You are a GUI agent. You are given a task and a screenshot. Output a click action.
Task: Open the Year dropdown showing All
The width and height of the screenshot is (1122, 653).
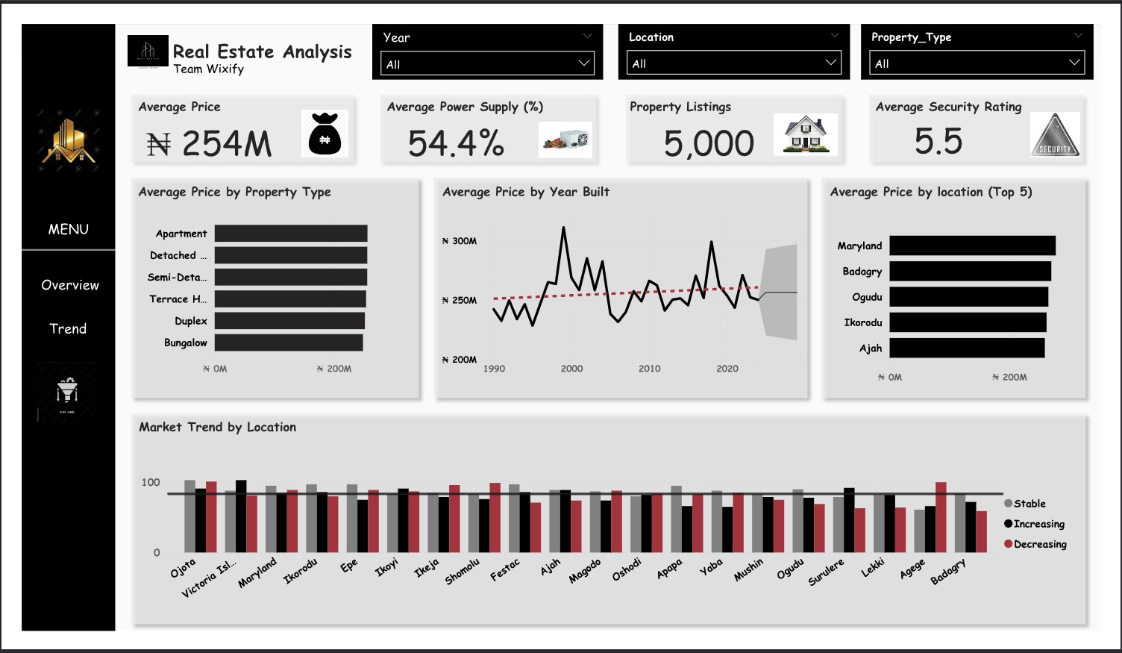coord(487,63)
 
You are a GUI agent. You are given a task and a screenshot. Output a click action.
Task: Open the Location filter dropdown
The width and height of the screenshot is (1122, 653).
coord(733,63)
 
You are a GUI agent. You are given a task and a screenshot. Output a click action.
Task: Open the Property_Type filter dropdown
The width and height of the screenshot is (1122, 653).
coord(977,63)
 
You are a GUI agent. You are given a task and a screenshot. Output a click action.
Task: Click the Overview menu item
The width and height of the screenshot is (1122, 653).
coord(69,285)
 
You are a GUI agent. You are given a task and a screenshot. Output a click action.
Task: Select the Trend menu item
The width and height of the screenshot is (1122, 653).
coord(68,328)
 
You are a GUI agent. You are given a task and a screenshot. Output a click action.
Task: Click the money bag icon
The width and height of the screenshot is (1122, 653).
coord(325,134)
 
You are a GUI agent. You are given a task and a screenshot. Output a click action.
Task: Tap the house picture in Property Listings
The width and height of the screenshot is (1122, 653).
coord(806,135)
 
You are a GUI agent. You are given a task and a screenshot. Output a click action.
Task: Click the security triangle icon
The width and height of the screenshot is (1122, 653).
coord(1054,135)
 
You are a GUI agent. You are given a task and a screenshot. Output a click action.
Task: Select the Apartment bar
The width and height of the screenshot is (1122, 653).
coord(291,234)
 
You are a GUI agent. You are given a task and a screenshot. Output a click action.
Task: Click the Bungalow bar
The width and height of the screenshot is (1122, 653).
coord(289,343)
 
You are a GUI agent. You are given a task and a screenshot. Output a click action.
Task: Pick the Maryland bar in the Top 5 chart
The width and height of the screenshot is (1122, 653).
coord(972,246)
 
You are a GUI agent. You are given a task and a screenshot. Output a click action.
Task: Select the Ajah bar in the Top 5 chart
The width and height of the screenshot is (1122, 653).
coord(967,348)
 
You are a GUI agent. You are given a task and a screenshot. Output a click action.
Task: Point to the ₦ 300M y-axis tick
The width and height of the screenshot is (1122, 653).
coord(460,241)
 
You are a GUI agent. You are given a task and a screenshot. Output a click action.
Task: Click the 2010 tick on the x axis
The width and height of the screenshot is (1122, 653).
coord(649,369)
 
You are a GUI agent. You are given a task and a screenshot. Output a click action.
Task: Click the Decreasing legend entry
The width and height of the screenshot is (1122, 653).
coord(1038,544)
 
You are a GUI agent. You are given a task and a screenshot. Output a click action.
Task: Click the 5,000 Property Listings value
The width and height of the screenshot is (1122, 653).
coord(709,143)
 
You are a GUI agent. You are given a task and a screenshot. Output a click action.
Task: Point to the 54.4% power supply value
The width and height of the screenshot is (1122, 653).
coord(456,143)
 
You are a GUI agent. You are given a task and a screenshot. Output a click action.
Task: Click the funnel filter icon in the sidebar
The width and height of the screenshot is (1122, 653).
coord(67,390)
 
